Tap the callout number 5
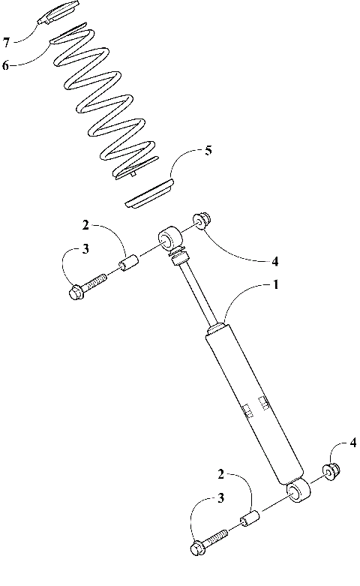pyautogui.click(x=208, y=151)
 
